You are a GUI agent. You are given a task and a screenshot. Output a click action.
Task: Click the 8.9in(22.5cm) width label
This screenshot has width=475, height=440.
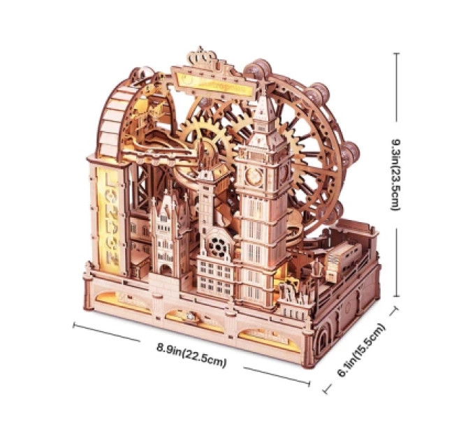(x=191, y=355)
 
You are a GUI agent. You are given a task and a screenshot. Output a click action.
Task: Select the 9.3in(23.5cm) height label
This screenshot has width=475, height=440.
(x=396, y=175)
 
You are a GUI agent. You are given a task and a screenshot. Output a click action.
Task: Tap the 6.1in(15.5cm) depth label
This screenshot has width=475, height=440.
(x=361, y=350)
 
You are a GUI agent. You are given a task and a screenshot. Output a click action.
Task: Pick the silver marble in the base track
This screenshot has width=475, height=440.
(x=191, y=316)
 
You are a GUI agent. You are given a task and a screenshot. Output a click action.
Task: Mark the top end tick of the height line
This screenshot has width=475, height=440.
(x=396, y=53)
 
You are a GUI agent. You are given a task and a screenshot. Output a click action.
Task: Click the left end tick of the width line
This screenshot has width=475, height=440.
(x=73, y=325)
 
